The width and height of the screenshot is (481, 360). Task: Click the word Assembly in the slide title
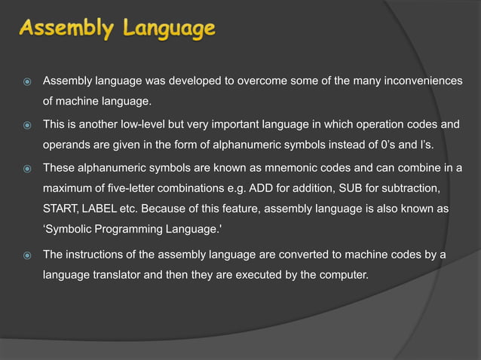(x=64, y=29)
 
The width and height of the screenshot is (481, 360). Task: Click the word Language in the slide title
(x=167, y=29)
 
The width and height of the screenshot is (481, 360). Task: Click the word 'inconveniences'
(x=419, y=81)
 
